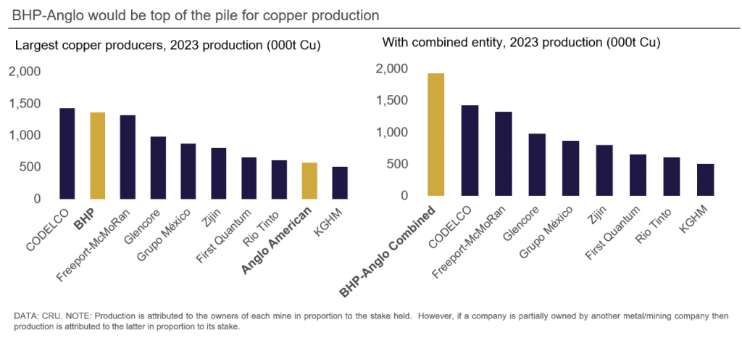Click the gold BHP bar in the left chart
click(97, 155)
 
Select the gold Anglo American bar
click(309, 181)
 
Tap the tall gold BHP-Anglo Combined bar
click(435, 134)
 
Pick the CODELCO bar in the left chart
click(67, 153)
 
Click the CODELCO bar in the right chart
click(470, 150)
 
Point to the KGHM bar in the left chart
click(340, 183)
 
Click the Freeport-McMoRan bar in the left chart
click(128, 157)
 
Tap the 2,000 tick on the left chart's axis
click(25, 71)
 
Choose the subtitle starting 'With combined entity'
click(521, 42)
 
